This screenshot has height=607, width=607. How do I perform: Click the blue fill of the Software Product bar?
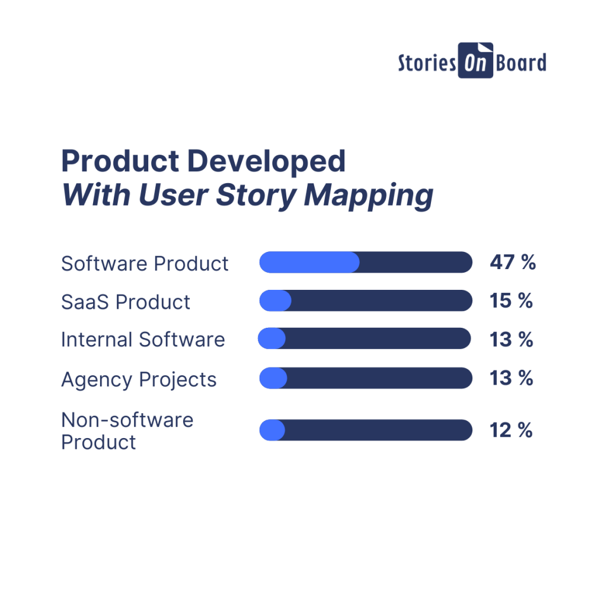pyautogui.click(x=309, y=262)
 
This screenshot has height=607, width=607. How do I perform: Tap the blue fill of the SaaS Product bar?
pyautogui.click(x=275, y=301)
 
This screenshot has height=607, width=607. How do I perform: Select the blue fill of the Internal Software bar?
pyautogui.click(x=271, y=338)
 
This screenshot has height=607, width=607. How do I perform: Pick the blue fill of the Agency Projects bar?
pyautogui.click(x=273, y=378)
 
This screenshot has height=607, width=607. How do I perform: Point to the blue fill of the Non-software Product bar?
pyautogui.click(x=272, y=430)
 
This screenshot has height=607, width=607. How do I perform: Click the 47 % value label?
pyautogui.click(x=513, y=262)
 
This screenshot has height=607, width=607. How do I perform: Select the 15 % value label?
pyautogui.click(x=512, y=301)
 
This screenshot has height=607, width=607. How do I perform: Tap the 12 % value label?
pyautogui.click(x=512, y=430)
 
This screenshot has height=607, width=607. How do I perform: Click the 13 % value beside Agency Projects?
pyautogui.click(x=512, y=378)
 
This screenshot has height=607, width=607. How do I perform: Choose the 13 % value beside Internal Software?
pyautogui.click(x=512, y=339)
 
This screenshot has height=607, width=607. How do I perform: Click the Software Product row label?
pyautogui.click(x=145, y=264)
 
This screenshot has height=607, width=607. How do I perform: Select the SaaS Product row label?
pyautogui.click(x=126, y=302)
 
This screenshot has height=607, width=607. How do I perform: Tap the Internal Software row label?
pyautogui.click(x=143, y=340)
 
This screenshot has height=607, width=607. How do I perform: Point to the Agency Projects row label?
pyautogui.click(x=139, y=380)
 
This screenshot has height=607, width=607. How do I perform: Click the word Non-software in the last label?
pyautogui.click(x=127, y=420)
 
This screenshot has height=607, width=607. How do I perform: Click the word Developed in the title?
pyautogui.click(x=266, y=161)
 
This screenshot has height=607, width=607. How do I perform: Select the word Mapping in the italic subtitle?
pyautogui.click(x=369, y=196)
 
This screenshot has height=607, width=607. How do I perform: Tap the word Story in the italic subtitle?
pyautogui.click(x=256, y=196)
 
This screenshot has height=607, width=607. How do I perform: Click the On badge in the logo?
pyautogui.click(x=475, y=60)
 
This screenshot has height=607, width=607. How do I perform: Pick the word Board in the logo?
pyautogui.click(x=521, y=62)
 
